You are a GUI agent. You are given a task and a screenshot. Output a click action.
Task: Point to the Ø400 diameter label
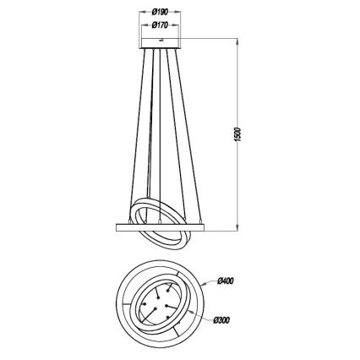226,281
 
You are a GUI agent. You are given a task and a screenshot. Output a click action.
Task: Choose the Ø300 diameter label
226,320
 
